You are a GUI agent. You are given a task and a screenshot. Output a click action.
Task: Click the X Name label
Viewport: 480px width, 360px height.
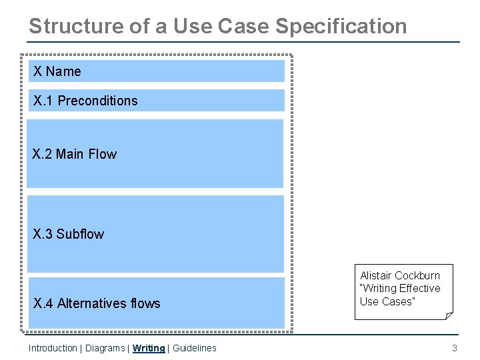click(57, 71)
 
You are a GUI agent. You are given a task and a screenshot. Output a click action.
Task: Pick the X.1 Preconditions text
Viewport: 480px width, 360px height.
click(85, 101)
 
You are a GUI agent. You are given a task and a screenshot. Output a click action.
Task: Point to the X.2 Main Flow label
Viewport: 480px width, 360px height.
click(75, 154)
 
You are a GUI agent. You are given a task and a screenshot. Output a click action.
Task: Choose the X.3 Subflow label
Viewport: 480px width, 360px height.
click(69, 234)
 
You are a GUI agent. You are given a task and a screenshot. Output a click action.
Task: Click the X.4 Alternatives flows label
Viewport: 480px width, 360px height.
click(97, 303)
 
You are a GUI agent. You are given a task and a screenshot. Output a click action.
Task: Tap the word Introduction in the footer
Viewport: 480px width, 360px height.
click(53, 348)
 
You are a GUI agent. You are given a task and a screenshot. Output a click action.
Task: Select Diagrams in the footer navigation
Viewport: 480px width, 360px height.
click(104, 348)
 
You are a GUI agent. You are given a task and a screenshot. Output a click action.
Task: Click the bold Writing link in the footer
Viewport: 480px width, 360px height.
click(149, 348)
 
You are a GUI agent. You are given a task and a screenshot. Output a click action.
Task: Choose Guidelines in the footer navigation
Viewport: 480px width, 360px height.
click(194, 348)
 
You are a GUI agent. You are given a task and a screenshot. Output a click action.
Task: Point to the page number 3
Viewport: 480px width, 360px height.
click(455, 348)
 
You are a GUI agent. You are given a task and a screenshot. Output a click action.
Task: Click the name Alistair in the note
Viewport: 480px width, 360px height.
click(376, 275)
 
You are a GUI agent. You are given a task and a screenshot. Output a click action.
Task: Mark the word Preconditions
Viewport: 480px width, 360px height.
click(97, 101)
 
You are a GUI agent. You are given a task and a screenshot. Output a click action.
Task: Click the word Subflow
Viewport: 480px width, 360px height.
click(80, 234)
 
